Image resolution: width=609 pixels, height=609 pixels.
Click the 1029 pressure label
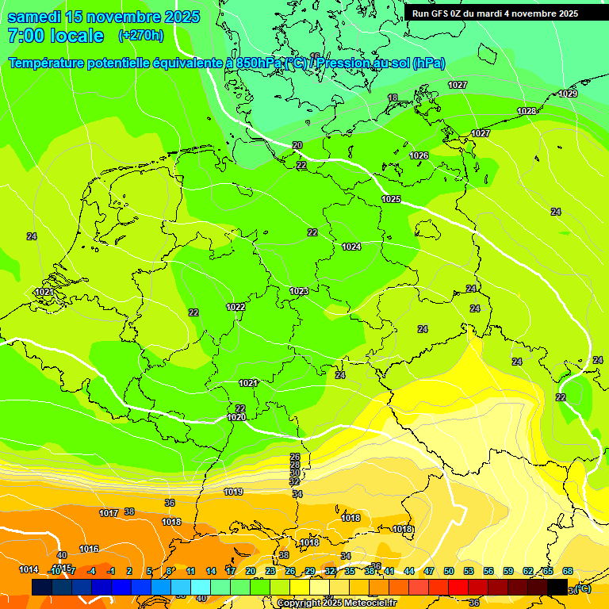point(568,94)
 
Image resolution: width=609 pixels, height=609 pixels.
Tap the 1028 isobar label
point(527,111)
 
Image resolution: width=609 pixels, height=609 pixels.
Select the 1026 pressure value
point(419,155)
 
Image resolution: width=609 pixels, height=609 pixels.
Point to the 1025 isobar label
point(391,199)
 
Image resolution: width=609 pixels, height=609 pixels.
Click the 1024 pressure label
point(351,247)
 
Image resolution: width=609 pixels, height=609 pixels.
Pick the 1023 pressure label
point(299,292)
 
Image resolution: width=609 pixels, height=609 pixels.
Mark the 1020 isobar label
point(236,417)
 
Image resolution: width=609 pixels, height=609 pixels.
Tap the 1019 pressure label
point(233,492)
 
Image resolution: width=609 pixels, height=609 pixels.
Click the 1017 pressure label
point(109,513)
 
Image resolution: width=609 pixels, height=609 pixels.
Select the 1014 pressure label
point(29,569)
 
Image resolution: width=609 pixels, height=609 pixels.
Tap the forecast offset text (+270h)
point(140,36)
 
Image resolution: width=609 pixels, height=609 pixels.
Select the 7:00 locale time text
point(56,36)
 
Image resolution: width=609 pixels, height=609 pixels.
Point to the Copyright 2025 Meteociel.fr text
point(336,603)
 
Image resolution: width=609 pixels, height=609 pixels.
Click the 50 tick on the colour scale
point(449,571)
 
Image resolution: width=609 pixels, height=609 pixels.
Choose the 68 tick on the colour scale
point(568,571)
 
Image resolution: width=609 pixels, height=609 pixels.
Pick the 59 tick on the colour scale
point(508,571)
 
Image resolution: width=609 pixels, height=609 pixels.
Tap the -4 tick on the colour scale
point(91,571)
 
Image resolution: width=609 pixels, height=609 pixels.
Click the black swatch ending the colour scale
point(557,588)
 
